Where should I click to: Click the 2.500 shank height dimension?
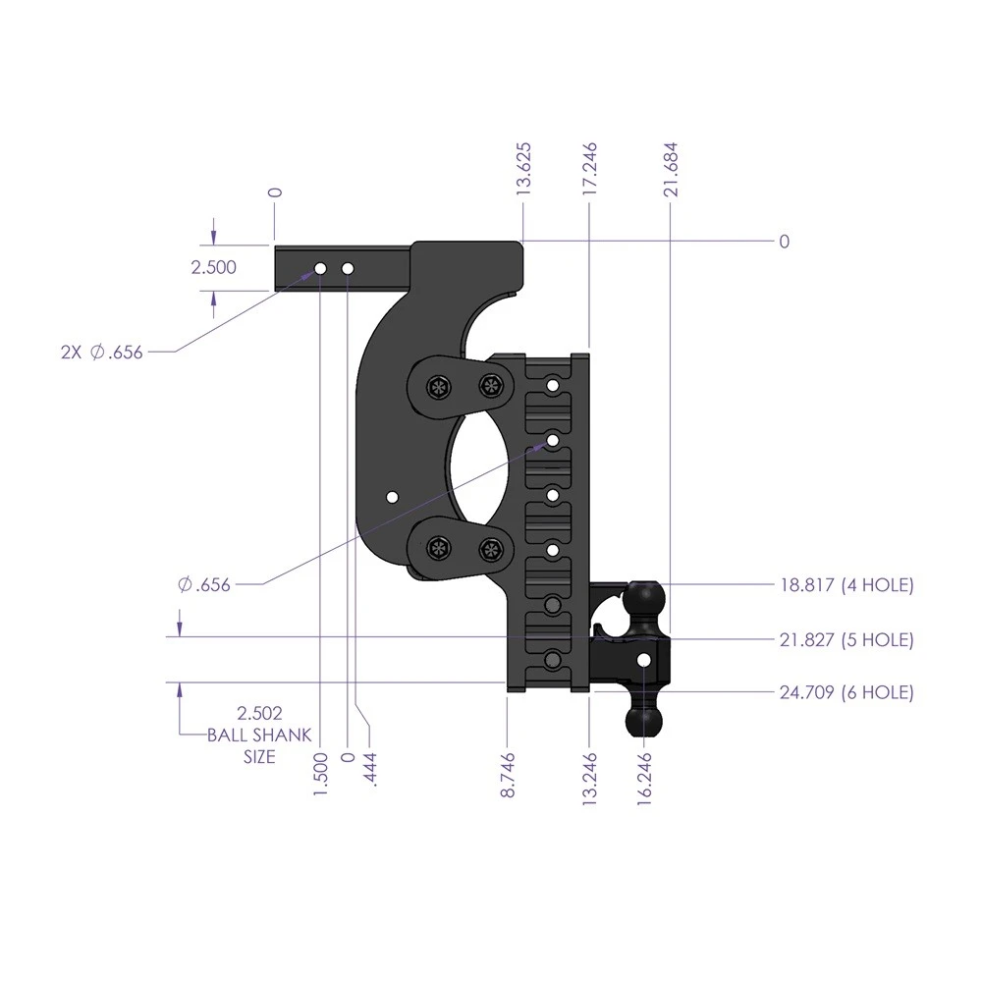(x=214, y=267)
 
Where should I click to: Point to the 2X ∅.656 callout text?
(x=101, y=353)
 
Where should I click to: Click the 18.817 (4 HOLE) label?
(x=846, y=585)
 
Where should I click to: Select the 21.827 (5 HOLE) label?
(x=846, y=639)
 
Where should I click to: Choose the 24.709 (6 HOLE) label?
(x=846, y=692)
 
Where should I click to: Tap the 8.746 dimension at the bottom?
(x=508, y=774)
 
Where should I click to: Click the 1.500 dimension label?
(x=321, y=774)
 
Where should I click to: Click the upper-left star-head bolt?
(x=437, y=387)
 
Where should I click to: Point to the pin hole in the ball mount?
(x=643, y=660)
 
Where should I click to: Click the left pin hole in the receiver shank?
(x=321, y=268)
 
